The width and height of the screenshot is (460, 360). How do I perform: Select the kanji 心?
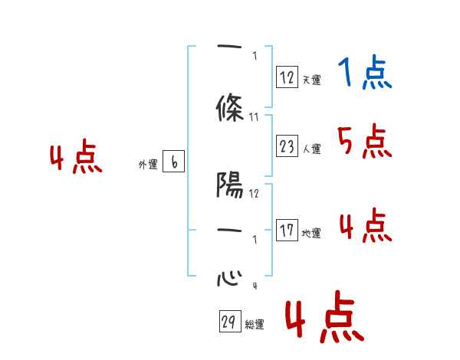[x=229, y=276]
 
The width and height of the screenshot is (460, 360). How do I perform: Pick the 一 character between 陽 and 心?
[x=229, y=231]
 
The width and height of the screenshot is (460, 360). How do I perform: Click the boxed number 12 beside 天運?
[x=287, y=77]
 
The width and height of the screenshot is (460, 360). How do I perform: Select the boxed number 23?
[x=287, y=146]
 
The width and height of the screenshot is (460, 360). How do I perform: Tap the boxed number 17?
[x=287, y=231]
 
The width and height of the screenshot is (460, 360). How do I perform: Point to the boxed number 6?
[x=174, y=162]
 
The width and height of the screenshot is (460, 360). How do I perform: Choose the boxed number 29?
[x=228, y=322]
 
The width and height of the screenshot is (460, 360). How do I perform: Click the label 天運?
[x=311, y=80]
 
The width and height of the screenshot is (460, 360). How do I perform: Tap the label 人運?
[x=311, y=149]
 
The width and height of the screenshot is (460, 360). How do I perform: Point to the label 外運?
[x=148, y=165]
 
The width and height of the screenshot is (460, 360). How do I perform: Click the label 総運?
[x=254, y=325]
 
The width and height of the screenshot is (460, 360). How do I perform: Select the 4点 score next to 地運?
[x=364, y=225]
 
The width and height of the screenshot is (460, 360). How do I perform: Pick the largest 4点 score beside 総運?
[x=323, y=319]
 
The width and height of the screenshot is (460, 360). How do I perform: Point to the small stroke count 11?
[x=255, y=117]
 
